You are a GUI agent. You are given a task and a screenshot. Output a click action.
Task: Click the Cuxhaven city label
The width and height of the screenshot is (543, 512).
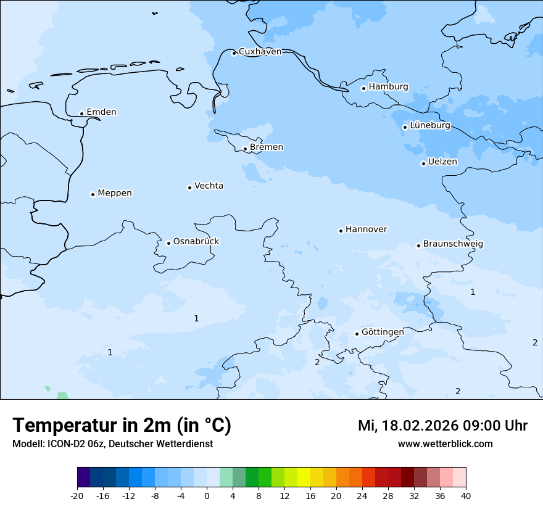point(260,52)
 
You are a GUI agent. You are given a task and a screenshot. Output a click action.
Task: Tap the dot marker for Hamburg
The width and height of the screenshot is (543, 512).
point(363,88)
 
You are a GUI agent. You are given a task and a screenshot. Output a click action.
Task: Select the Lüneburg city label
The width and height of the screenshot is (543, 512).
point(430,126)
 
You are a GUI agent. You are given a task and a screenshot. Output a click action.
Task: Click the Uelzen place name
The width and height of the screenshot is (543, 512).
point(442,162)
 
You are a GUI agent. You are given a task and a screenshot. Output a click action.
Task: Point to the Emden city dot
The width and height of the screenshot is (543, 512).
point(81,114)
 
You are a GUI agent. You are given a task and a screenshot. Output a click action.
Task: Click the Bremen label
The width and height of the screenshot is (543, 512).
point(267,147)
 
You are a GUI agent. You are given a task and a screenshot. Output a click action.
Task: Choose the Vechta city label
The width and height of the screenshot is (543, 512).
point(209,186)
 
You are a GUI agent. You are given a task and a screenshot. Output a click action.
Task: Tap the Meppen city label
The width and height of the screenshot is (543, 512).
point(115,193)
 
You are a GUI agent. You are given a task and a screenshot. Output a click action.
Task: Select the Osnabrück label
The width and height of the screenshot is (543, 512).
point(196,242)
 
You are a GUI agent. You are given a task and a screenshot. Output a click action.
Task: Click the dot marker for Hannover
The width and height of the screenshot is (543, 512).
point(341,231)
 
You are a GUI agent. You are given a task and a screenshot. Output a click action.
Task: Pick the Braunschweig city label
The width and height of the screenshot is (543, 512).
point(453,244)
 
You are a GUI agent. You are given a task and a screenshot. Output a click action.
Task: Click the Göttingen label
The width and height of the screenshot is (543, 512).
point(383,332)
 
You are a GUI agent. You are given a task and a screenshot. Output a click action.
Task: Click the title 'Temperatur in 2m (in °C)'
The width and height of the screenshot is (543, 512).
point(122,426)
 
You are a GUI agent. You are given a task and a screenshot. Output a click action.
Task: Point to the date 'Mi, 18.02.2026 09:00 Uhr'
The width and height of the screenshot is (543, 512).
point(442,426)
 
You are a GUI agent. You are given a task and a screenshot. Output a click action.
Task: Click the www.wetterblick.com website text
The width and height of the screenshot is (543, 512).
point(445,444)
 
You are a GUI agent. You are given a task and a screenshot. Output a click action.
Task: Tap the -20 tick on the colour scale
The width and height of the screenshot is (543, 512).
point(77,496)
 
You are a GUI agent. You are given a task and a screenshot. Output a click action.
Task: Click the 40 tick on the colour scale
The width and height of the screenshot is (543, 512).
point(466,496)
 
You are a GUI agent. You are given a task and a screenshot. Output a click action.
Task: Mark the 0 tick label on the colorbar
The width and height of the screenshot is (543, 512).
point(207,496)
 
